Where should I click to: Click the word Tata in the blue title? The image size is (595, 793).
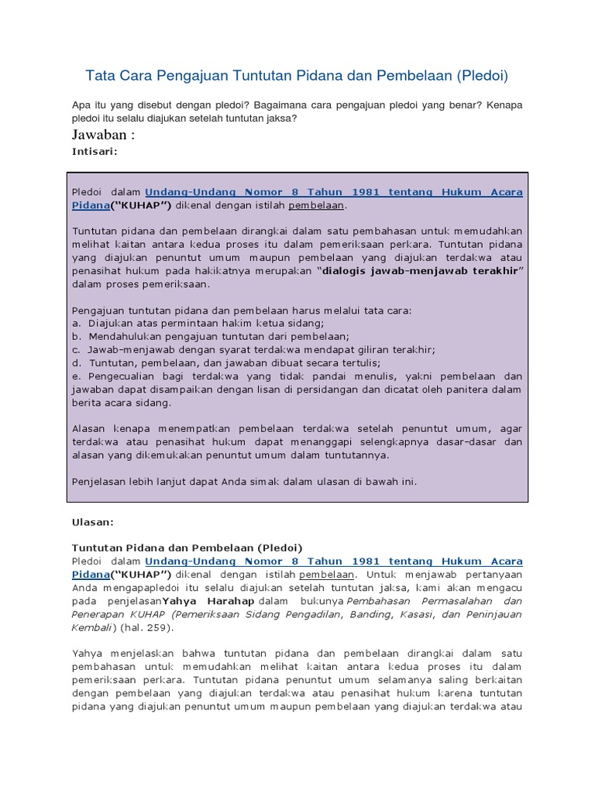[100, 76]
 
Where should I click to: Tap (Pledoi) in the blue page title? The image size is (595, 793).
[482, 76]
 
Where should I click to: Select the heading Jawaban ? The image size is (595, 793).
[103, 136]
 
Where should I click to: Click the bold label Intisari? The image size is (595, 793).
[95, 152]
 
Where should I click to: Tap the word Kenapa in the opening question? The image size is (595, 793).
[504, 104]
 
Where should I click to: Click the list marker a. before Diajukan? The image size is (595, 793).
[76, 323]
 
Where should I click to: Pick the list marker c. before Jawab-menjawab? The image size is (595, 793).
[76, 349]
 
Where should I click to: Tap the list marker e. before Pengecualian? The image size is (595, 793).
[76, 376]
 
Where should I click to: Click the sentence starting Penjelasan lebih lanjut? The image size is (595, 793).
[244, 481]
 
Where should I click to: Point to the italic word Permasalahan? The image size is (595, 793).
[452, 601]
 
